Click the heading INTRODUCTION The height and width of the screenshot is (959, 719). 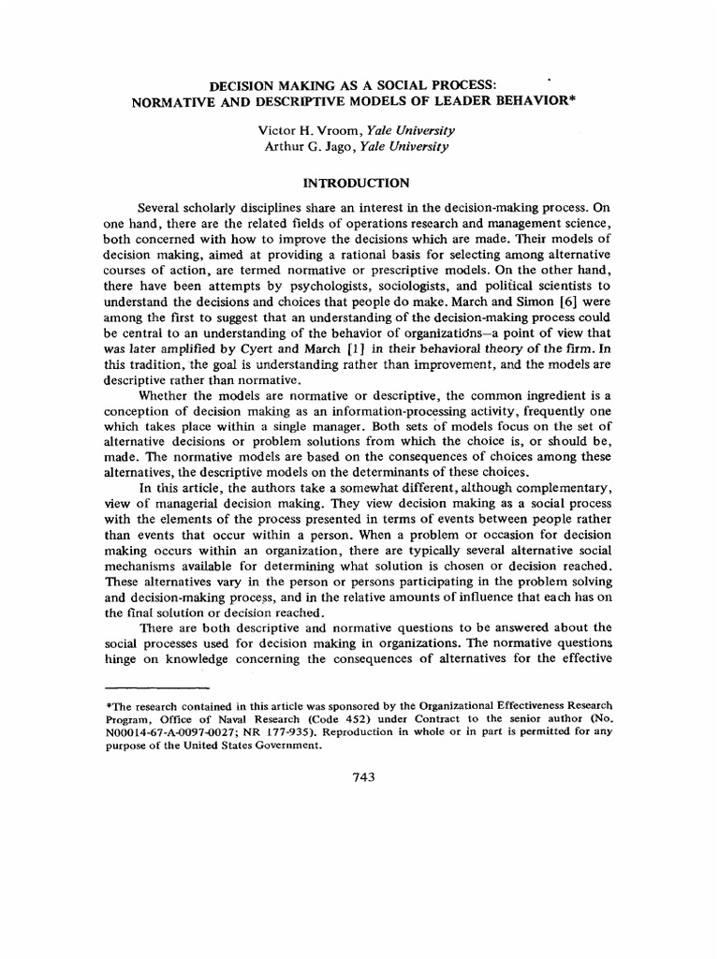pyautogui.click(x=360, y=184)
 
